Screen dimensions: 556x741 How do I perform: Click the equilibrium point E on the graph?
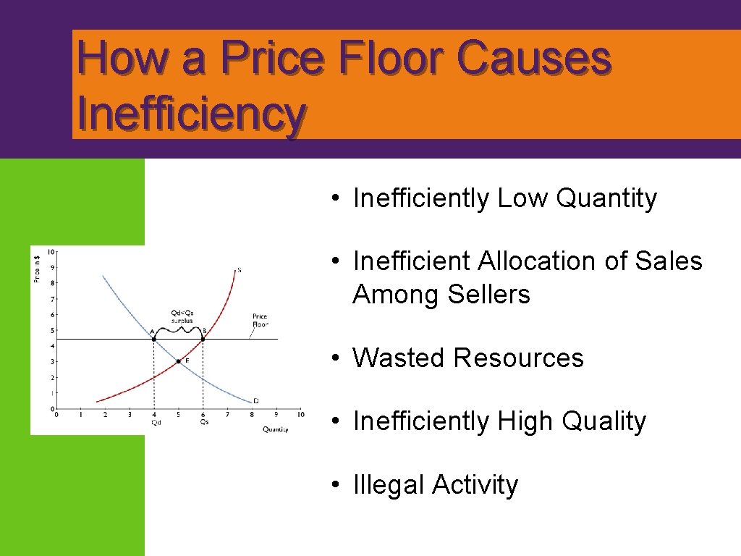pos(178,361)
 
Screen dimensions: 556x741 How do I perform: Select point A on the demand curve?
pos(153,339)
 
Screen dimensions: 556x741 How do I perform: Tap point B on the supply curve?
pos(203,339)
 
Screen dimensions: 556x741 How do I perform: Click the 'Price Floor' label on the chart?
pos(260,320)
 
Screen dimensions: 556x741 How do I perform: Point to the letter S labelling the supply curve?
pos(240,270)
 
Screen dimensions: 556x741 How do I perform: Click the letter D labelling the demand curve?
pos(255,400)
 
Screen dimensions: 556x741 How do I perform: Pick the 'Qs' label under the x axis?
pos(205,422)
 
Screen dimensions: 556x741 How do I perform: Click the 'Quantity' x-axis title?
pos(275,429)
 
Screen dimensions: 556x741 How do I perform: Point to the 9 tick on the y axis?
pos(51,267)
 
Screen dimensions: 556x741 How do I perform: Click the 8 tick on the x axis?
pos(251,415)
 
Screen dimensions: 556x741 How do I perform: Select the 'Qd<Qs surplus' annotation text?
pos(182,316)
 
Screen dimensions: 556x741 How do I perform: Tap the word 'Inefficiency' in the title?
pos(190,114)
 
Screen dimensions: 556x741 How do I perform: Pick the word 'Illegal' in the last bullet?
pos(389,484)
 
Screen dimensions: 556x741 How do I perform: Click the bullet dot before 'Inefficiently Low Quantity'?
pos(337,198)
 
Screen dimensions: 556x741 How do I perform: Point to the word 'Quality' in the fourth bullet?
pos(604,421)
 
